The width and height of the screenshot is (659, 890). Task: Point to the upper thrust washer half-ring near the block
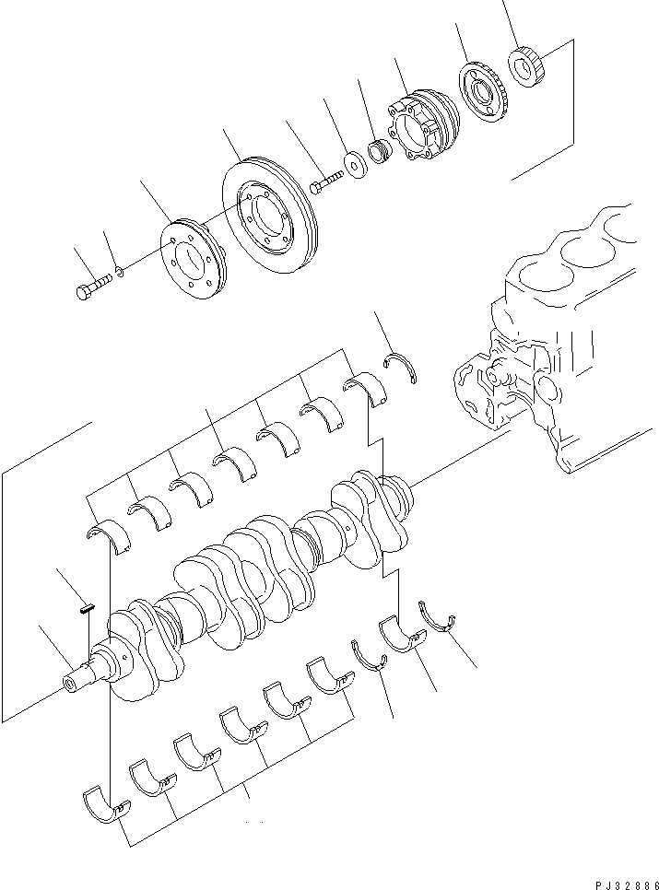(403, 367)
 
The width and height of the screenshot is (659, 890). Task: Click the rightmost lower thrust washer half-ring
(441, 618)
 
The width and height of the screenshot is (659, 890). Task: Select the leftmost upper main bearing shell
(108, 533)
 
